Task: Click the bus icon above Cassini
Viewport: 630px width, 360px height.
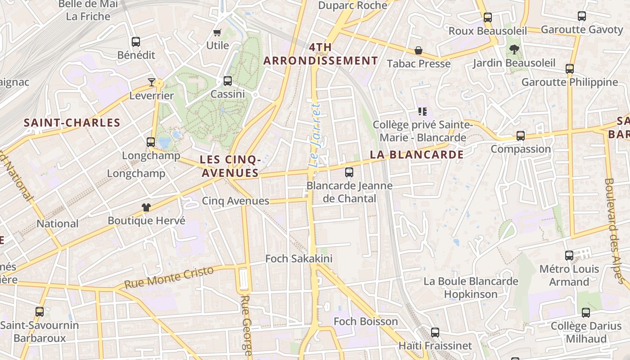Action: point(228,81)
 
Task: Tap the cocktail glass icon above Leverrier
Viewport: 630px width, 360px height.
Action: point(152,82)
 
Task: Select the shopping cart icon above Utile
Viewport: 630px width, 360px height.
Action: point(217,32)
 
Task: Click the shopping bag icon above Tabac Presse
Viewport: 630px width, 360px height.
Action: point(418,50)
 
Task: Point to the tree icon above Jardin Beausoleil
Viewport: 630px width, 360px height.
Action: point(514,49)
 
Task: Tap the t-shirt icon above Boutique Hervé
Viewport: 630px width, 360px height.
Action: point(146,207)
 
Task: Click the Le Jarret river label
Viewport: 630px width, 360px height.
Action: point(315,135)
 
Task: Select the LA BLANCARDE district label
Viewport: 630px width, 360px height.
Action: point(417,155)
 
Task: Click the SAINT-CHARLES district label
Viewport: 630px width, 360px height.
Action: point(72,123)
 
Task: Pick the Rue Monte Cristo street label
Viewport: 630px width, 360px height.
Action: point(169,278)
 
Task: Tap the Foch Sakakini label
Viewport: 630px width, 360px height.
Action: point(299,259)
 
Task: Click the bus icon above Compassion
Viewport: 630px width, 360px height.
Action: point(521,135)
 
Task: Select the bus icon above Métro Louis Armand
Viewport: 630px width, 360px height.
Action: point(569,256)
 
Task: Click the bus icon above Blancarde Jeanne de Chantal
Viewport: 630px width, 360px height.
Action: point(349,172)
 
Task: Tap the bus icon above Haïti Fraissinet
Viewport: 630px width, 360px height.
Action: point(435,333)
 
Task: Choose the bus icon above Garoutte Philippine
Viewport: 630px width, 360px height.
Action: point(570,69)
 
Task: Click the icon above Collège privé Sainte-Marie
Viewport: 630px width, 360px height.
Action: point(422,111)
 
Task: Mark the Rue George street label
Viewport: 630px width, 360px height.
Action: point(246,325)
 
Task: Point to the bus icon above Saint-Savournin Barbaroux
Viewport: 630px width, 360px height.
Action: point(40,311)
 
